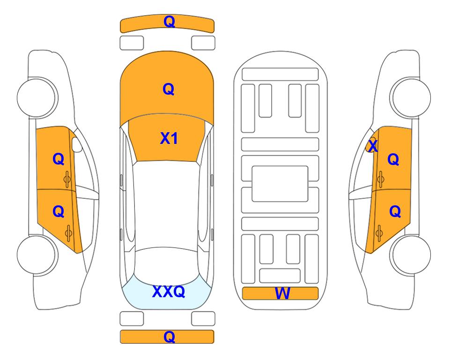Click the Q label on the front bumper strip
click(169, 22)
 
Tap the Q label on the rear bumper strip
click(169, 337)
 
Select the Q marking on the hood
click(169, 89)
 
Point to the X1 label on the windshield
click(169, 138)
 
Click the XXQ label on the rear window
click(169, 292)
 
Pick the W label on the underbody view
click(282, 293)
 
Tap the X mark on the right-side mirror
click(373, 146)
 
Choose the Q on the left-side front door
click(59, 159)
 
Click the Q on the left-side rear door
click(59, 212)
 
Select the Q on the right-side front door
click(393, 159)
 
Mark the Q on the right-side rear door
click(395, 212)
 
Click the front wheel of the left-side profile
click(37, 97)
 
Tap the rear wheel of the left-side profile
click(37, 255)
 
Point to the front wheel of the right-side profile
click(410, 97)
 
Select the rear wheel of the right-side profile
click(410, 255)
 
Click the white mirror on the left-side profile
click(77, 144)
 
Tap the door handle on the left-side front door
click(67, 180)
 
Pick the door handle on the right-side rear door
click(379, 233)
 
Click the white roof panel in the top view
click(166, 204)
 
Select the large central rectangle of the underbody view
click(280, 184)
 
